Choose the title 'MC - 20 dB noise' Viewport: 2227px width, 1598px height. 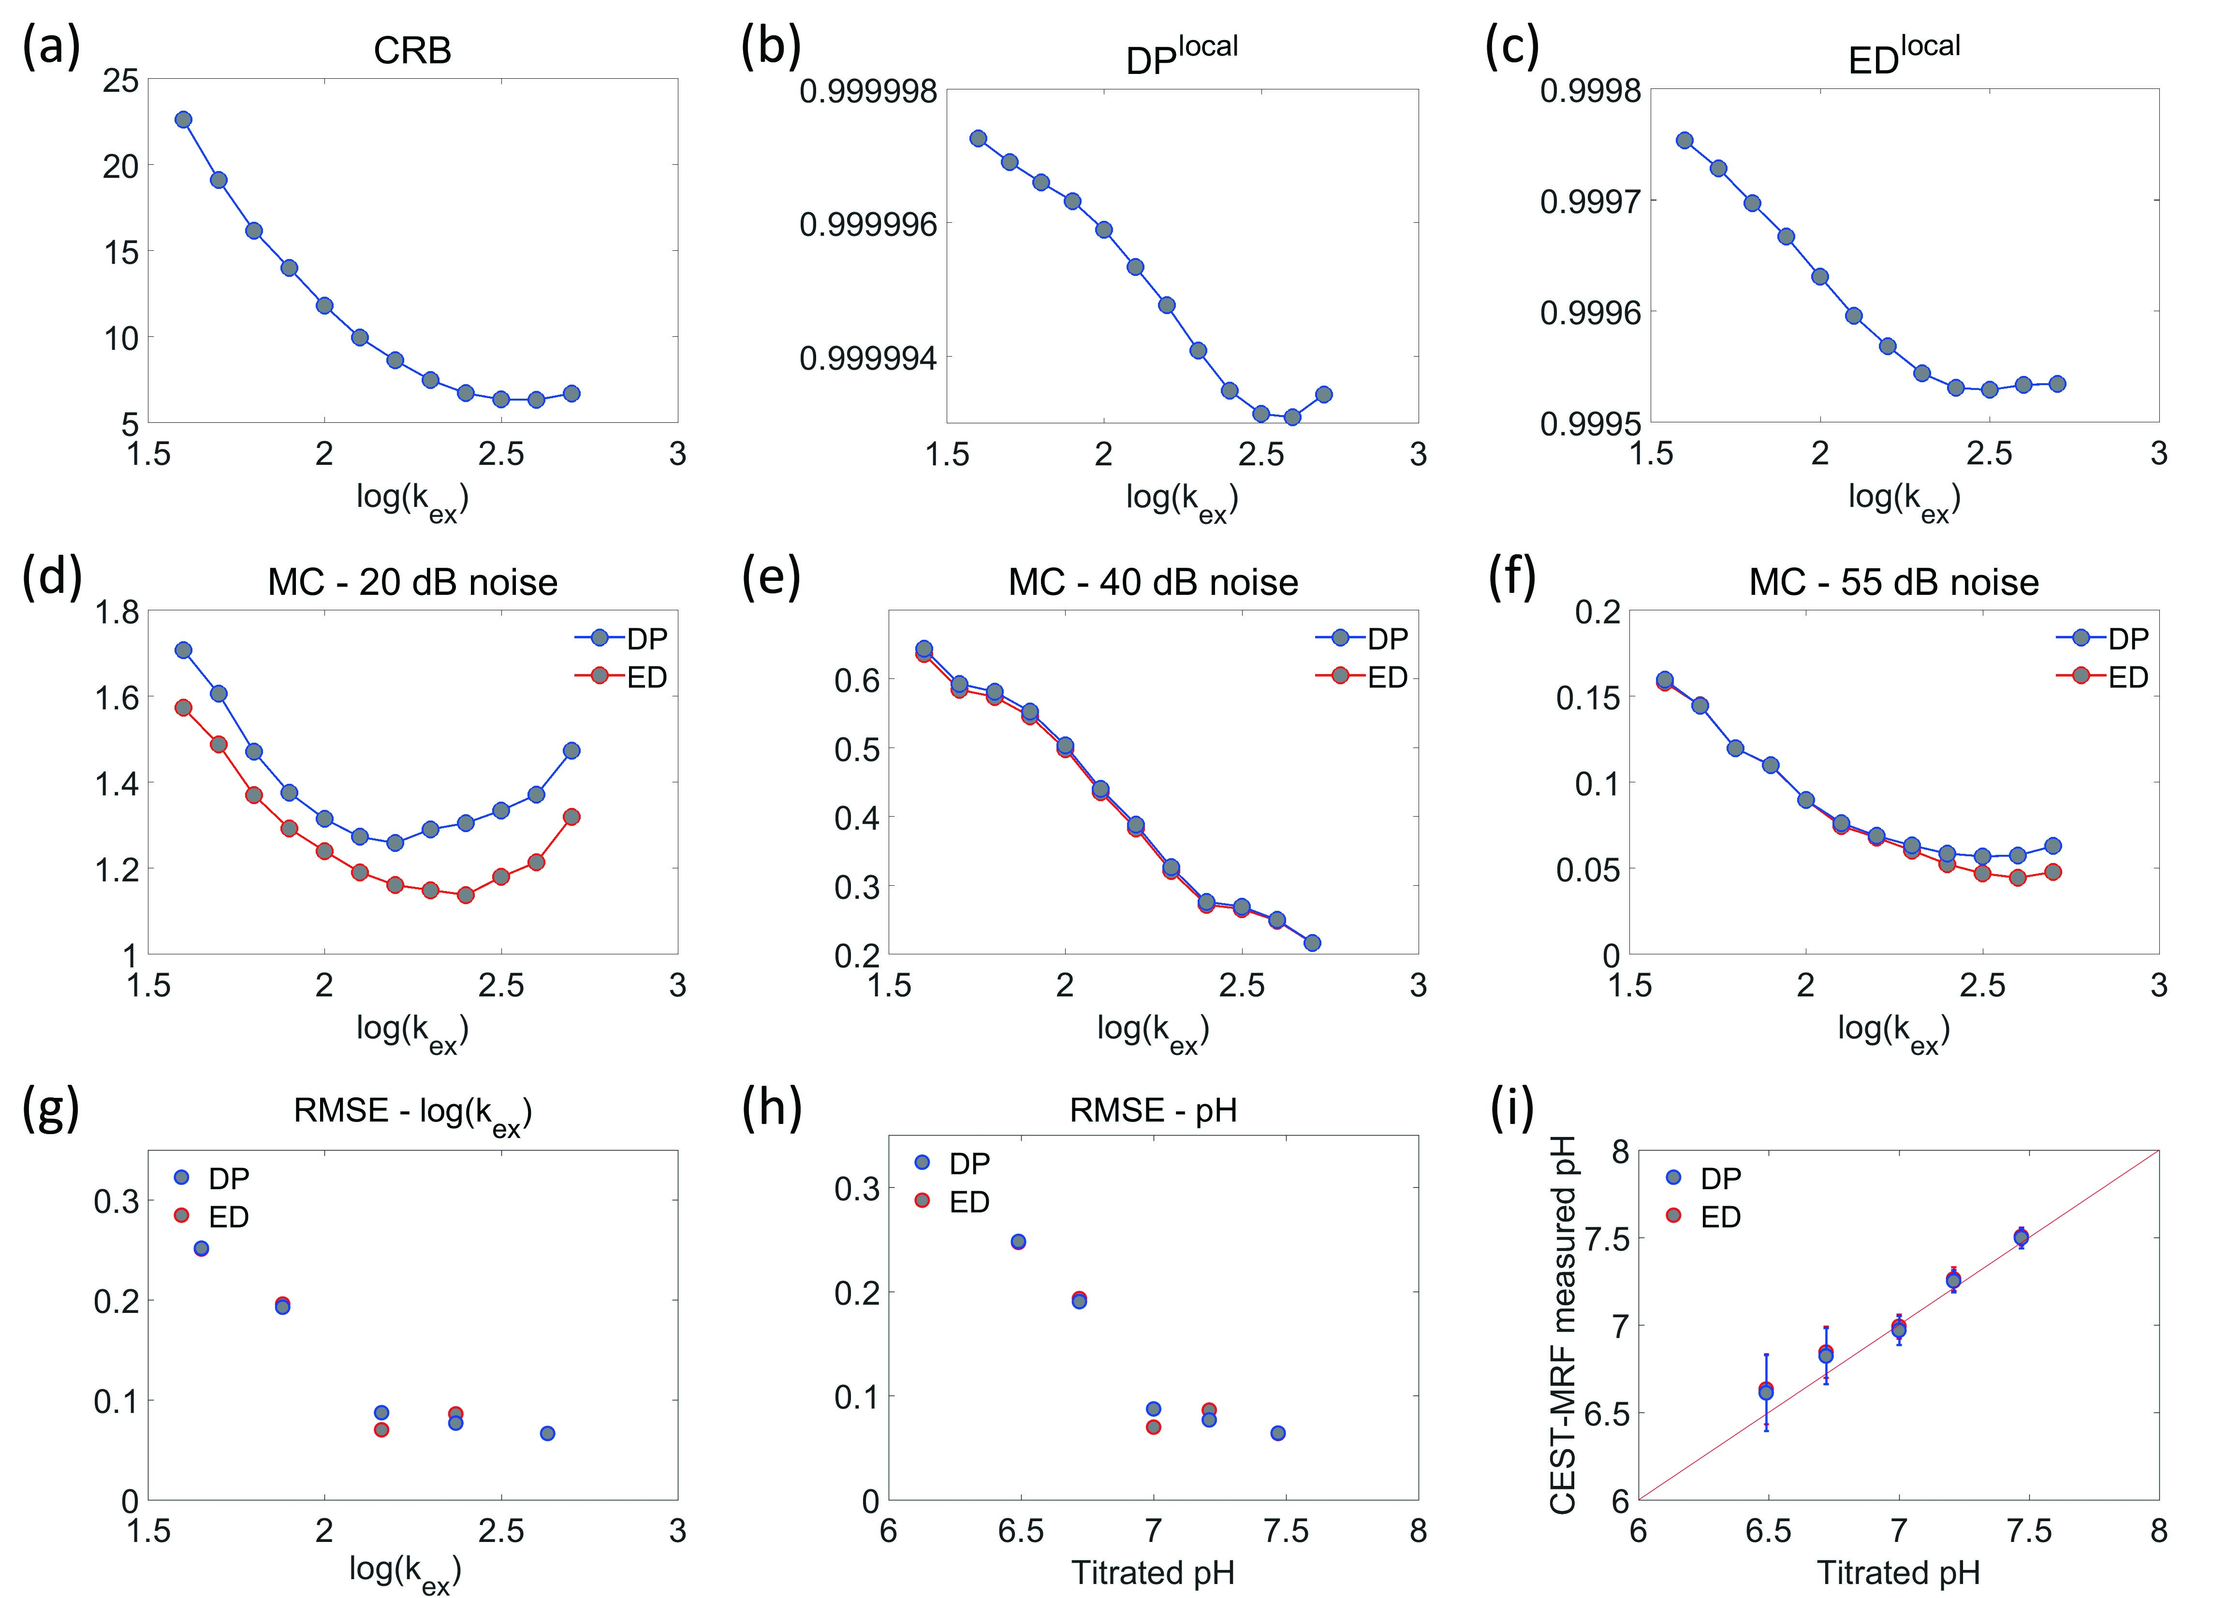click(412, 583)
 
